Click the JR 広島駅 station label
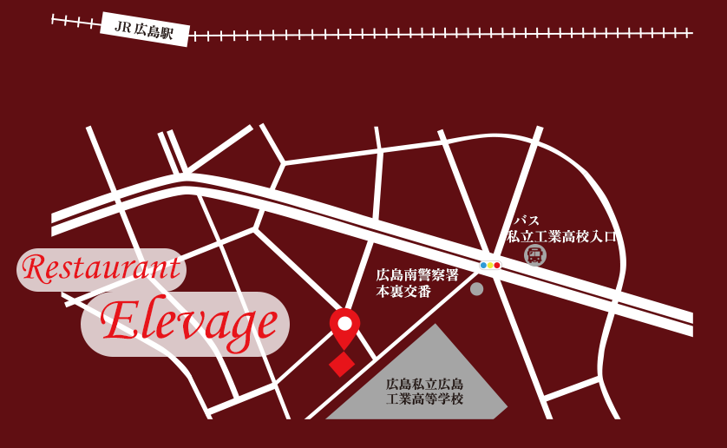pyautogui.click(x=145, y=29)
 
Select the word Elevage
pyautogui.click(x=189, y=323)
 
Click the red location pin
pyautogui.click(x=344, y=327)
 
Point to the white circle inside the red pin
pyautogui.click(x=344, y=324)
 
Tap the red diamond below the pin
pyautogui.click(x=342, y=364)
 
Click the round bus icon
pyautogui.click(x=535, y=255)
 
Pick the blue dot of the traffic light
pyautogui.click(x=483, y=265)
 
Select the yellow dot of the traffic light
pyautogui.click(x=490, y=265)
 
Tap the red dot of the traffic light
pyautogui.click(x=497, y=265)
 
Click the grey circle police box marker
pyautogui.click(x=476, y=288)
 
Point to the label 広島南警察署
pyautogui.click(x=417, y=275)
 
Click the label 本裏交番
pyautogui.click(x=403, y=292)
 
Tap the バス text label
pyautogui.click(x=527, y=221)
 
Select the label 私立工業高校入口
pyautogui.click(x=561, y=236)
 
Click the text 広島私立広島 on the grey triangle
pyautogui.click(x=425, y=385)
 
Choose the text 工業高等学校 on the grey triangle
pyautogui.click(x=425, y=399)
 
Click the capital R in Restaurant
pyautogui.click(x=35, y=269)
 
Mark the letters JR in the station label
pyautogui.click(x=122, y=26)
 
